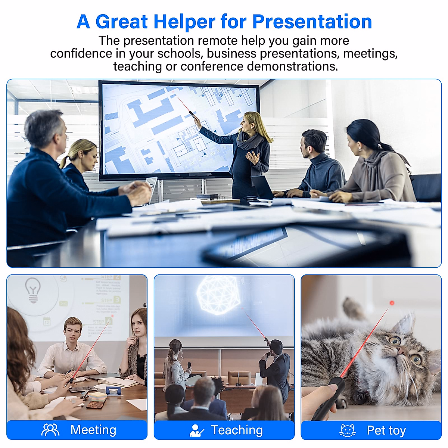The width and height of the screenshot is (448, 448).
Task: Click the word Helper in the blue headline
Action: pyautogui.click(x=184, y=22)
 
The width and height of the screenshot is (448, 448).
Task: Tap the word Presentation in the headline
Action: pyautogui.click(x=312, y=22)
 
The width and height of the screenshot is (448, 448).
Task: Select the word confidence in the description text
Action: pyautogui.click(x=81, y=53)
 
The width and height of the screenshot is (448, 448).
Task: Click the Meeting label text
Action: pyautogui.click(x=93, y=430)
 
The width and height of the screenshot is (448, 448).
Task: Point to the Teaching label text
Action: pyautogui.click(x=237, y=430)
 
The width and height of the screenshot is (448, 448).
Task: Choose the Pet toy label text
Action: pyautogui.click(x=386, y=430)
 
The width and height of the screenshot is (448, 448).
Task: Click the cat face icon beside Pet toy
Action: pyautogui.click(x=347, y=430)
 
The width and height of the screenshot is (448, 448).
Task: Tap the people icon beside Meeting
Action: pyautogui.click(x=50, y=430)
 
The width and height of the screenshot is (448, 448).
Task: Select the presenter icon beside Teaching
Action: pyautogui.click(x=196, y=430)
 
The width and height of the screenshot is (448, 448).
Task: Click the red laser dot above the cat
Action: pyautogui.click(x=392, y=303)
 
